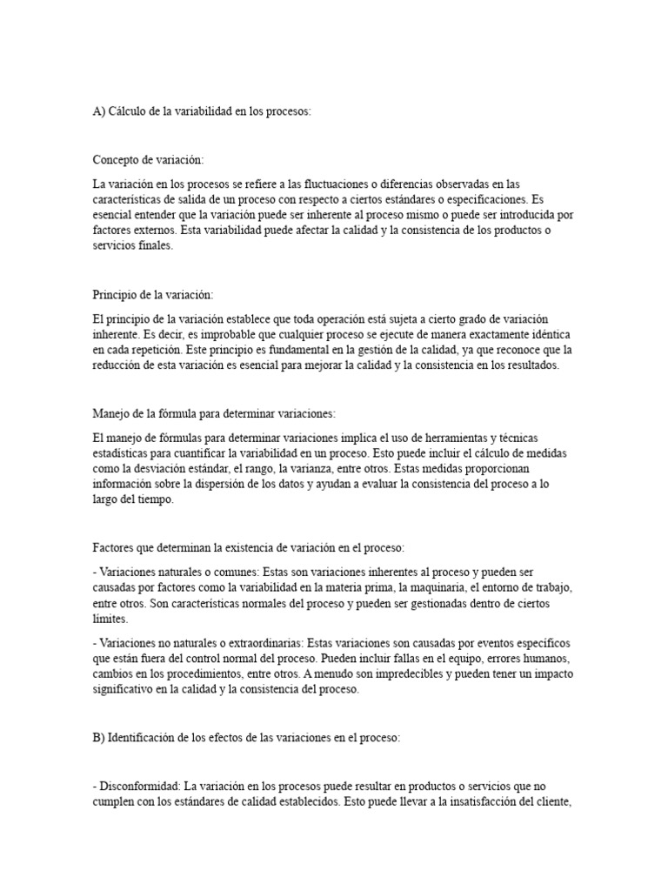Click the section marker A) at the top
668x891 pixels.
click(98, 113)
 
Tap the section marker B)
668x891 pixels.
click(98, 738)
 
